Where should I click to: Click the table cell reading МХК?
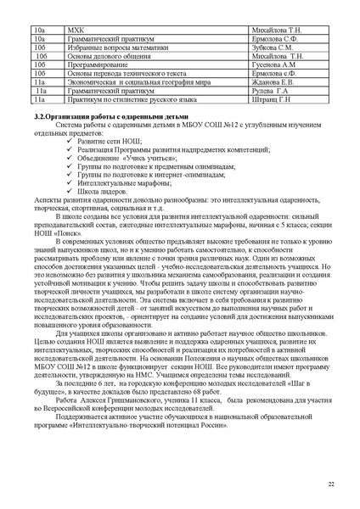(82, 28)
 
